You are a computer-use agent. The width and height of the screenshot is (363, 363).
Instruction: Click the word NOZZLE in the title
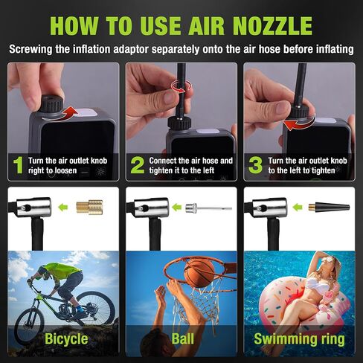pos(272,26)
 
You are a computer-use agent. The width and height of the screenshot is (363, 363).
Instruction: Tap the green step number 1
pos(18,165)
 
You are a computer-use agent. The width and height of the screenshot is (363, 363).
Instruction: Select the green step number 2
pos(138,165)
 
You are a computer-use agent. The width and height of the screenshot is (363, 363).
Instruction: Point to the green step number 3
pos(255,165)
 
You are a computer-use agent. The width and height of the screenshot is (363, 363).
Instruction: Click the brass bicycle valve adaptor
pos(89,207)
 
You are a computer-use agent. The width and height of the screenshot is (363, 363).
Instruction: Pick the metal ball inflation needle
pos(208,208)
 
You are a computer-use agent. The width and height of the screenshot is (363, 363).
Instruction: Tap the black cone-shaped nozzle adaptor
pos(329,207)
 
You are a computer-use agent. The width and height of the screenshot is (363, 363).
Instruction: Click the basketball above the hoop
pos(199,273)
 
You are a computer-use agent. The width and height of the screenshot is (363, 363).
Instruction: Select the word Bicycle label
pos(66,339)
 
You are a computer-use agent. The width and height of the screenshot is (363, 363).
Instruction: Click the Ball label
pos(183,338)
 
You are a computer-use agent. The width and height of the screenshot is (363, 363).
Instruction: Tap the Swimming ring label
pos(299,339)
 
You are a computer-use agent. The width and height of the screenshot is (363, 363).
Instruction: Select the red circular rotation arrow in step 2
pos(181,86)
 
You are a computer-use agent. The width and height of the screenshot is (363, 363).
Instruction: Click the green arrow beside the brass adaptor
pos(63,207)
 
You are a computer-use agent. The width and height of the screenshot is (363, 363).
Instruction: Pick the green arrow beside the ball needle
pos(176,208)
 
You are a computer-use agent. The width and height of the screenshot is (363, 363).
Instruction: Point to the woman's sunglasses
pos(328,260)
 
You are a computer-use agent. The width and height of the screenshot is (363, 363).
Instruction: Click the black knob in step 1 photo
pos(51,103)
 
